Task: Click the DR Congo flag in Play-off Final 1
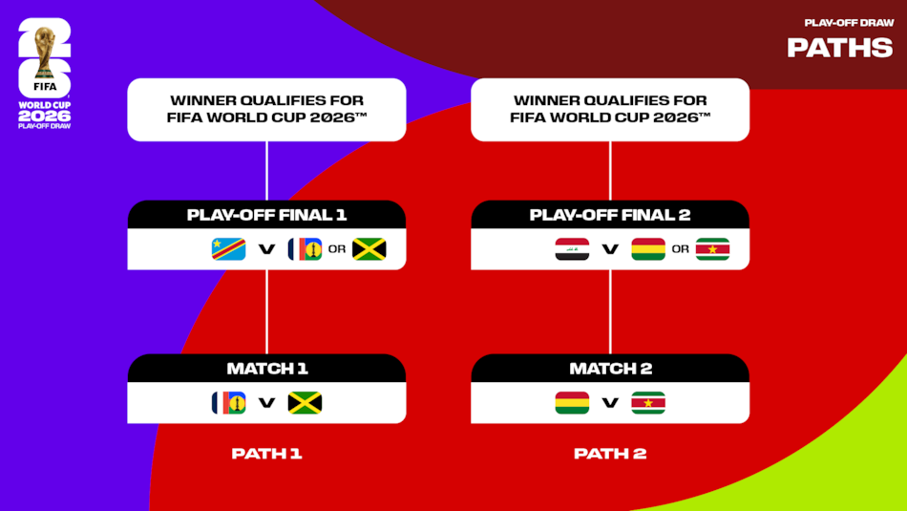pyautogui.click(x=228, y=249)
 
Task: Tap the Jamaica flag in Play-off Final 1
pyautogui.click(x=369, y=249)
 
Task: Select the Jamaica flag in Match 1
pyautogui.click(x=305, y=403)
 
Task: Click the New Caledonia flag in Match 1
pyautogui.click(x=228, y=403)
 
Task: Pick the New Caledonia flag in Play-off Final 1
pyautogui.click(x=305, y=249)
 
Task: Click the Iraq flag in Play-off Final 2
pyautogui.click(x=572, y=249)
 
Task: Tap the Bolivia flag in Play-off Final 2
pyautogui.click(x=648, y=249)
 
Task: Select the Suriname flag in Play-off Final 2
pyautogui.click(x=712, y=249)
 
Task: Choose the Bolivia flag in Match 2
pyautogui.click(x=572, y=403)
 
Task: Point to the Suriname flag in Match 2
pyautogui.click(x=648, y=403)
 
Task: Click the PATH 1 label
pyautogui.click(x=266, y=454)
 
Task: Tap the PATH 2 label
pyautogui.click(x=610, y=454)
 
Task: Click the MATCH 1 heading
pyautogui.click(x=266, y=369)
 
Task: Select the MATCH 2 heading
pyautogui.click(x=610, y=369)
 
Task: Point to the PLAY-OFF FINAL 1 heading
pyautogui.click(x=266, y=215)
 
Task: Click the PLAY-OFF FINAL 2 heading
pyautogui.click(x=610, y=215)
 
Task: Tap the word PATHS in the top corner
pyautogui.click(x=839, y=47)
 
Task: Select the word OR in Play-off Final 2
pyautogui.click(x=680, y=250)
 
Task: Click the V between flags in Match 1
pyautogui.click(x=266, y=403)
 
